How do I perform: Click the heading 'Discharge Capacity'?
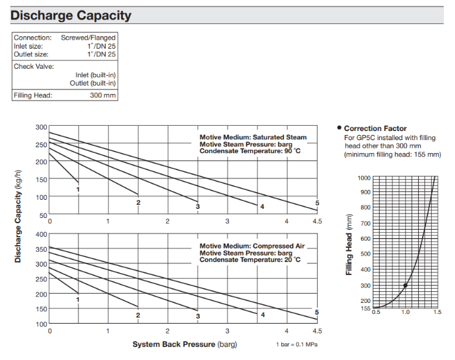click(x=71, y=15)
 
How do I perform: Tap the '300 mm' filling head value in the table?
click(x=103, y=96)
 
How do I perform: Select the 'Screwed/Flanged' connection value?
click(x=88, y=38)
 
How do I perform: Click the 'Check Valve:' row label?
click(x=34, y=66)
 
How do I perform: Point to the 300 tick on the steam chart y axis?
click(x=41, y=127)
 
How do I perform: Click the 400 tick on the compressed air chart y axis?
click(x=41, y=234)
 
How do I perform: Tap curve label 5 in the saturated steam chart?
click(x=317, y=203)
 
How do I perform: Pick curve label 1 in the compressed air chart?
click(x=78, y=299)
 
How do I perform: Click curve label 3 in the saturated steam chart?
click(x=198, y=206)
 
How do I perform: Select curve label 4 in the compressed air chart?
click(x=262, y=315)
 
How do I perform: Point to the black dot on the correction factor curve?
click(x=406, y=285)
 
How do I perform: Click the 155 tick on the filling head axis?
click(x=364, y=308)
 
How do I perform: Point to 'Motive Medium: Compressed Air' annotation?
click(x=251, y=246)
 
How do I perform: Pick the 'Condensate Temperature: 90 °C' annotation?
click(x=250, y=151)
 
